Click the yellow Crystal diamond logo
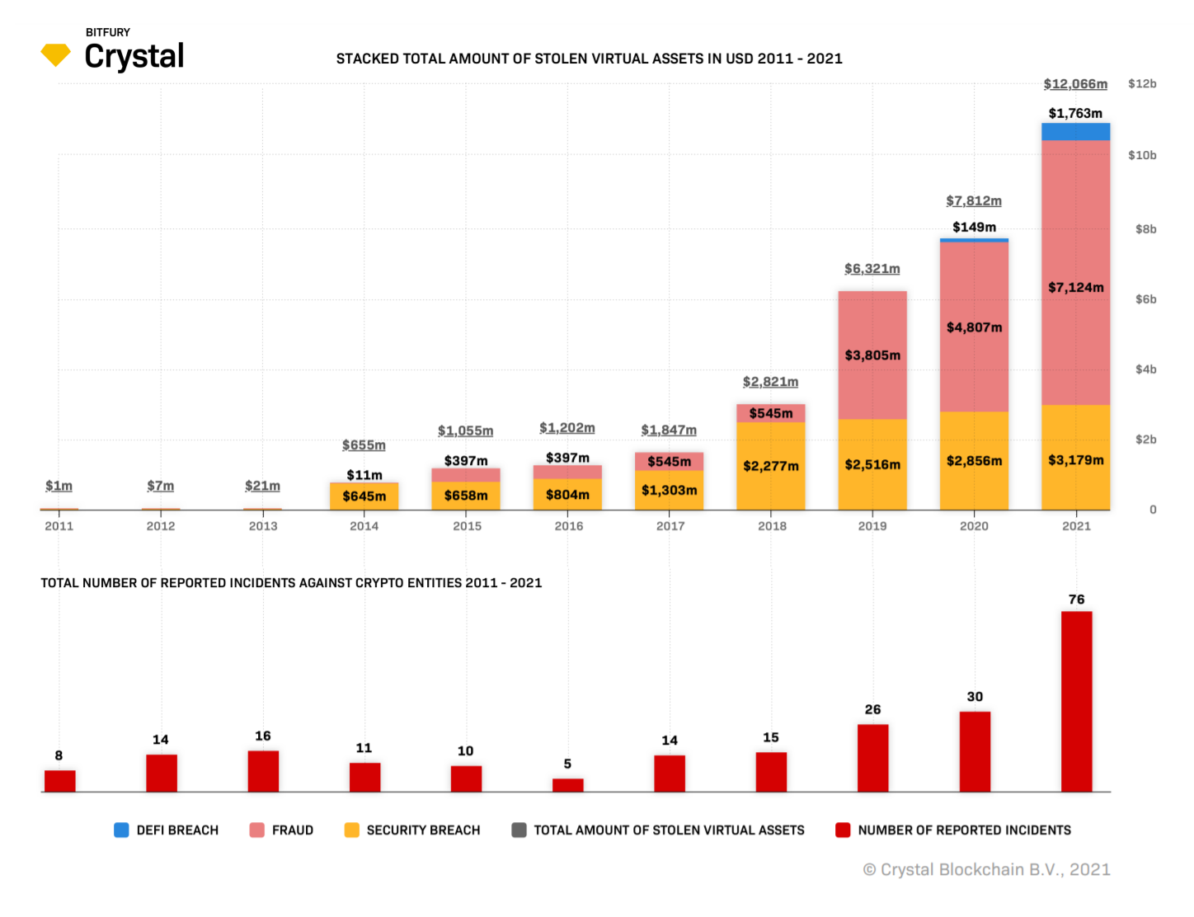pyautogui.click(x=55, y=54)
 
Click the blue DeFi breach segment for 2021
pyautogui.click(x=1075, y=131)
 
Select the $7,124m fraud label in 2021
pyautogui.click(x=1075, y=287)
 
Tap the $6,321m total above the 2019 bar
pyautogui.click(x=872, y=269)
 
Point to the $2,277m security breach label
pyautogui.click(x=770, y=466)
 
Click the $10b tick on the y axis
pyautogui.click(x=1142, y=155)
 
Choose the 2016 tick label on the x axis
pyautogui.click(x=568, y=526)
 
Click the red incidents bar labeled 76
pyautogui.click(x=1076, y=701)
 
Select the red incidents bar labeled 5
pyautogui.click(x=567, y=784)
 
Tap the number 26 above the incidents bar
pyautogui.click(x=872, y=709)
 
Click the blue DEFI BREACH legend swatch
pyautogui.click(x=121, y=830)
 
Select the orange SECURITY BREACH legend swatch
pyautogui.click(x=352, y=830)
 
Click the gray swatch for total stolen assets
pyautogui.click(x=519, y=830)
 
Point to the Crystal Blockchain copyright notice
pyautogui.click(x=986, y=869)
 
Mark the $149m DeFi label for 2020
pyautogui.click(x=974, y=227)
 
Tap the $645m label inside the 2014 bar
pyautogui.click(x=364, y=496)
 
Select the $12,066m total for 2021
pyautogui.click(x=1075, y=84)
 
